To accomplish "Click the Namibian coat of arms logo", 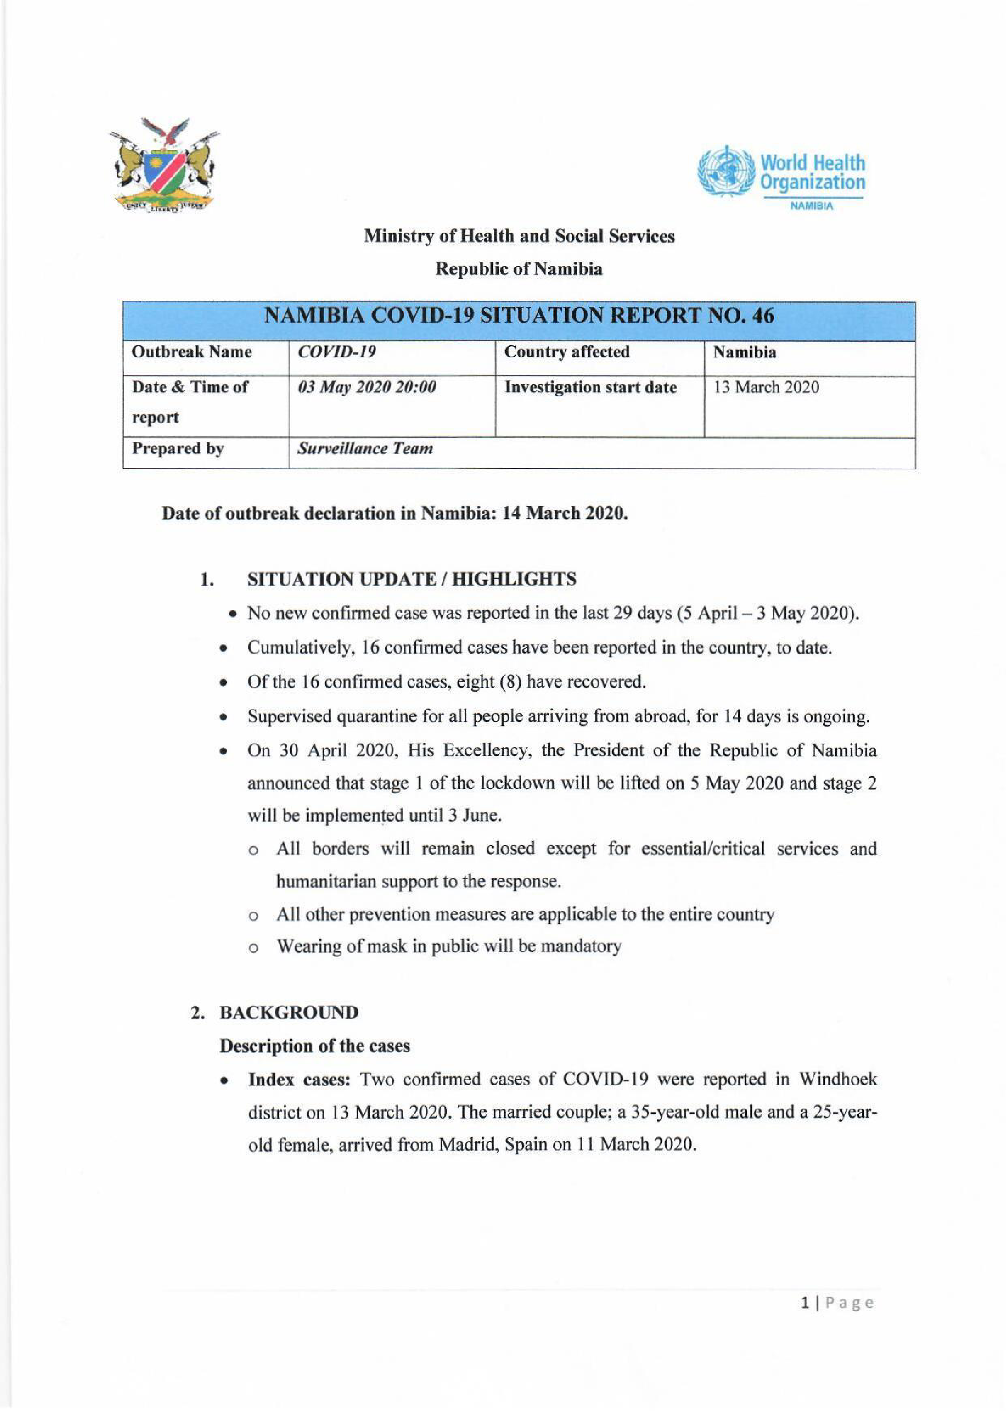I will coord(164,166).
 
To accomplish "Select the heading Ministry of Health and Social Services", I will coord(519,236).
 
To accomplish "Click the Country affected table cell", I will coord(567,352).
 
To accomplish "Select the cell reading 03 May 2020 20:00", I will coord(367,388).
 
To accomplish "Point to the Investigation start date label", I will coord(590,388).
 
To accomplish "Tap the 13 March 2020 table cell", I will coord(766,388).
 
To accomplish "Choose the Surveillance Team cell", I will coord(365,449).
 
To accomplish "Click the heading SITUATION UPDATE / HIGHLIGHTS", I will coord(411,579).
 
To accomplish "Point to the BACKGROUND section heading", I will coord(289,1013).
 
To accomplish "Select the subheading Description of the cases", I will coord(315,1046).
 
